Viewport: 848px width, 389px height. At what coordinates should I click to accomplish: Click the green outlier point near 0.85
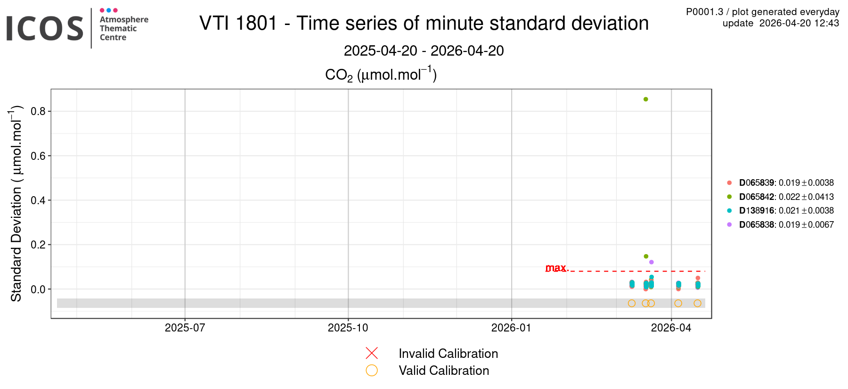click(x=645, y=99)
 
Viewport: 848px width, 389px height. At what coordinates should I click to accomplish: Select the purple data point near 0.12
click(x=652, y=262)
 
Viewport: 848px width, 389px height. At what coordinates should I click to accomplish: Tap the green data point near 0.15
click(x=646, y=257)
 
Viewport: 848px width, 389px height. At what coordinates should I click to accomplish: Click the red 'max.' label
click(x=556, y=268)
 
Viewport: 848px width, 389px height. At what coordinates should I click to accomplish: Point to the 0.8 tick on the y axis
click(x=38, y=112)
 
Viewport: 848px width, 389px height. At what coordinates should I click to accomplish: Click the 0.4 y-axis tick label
click(x=38, y=200)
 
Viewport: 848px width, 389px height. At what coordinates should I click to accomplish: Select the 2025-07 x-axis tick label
click(x=185, y=328)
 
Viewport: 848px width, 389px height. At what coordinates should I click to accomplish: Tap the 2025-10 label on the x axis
click(x=348, y=328)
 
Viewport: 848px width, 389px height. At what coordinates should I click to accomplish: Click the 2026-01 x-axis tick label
click(x=511, y=328)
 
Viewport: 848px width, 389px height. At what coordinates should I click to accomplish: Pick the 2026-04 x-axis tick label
click(x=671, y=328)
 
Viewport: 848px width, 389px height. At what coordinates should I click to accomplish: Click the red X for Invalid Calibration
click(x=372, y=353)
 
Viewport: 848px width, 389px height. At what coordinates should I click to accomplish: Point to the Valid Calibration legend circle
click(x=372, y=371)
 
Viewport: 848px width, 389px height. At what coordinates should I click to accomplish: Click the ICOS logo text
click(x=45, y=28)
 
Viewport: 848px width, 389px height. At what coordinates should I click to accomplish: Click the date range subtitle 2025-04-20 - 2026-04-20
click(x=424, y=51)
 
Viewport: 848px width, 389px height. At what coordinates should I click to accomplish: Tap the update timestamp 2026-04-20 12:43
click(x=781, y=23)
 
